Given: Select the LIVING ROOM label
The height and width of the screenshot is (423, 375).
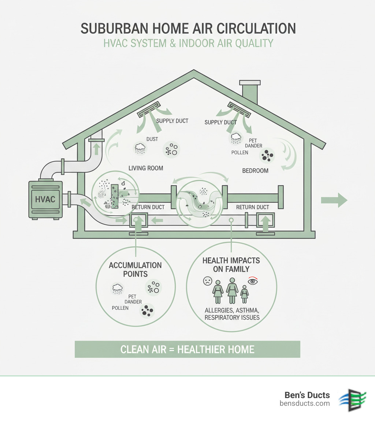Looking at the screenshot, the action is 146,168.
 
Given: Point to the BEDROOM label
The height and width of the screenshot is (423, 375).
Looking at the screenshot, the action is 255,171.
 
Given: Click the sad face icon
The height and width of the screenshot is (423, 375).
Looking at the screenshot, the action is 207,281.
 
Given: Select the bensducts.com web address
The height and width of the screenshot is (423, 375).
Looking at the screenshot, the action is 304,404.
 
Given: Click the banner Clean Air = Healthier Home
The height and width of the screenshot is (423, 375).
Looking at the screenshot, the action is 187,349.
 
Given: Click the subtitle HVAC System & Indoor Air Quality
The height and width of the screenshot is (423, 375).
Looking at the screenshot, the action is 187,43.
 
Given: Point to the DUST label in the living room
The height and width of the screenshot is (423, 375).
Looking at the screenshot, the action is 152,139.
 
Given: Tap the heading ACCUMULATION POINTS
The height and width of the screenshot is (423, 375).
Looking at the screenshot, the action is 135,269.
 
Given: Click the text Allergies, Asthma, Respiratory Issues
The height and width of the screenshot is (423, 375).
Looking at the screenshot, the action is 232,314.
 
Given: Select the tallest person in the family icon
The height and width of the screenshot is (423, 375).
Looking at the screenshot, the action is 232,290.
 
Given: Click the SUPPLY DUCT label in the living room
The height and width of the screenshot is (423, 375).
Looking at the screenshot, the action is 172,121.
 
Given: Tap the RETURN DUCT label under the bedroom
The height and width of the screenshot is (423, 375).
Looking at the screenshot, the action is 253,207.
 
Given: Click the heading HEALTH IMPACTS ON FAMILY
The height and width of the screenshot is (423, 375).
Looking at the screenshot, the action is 231,265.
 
